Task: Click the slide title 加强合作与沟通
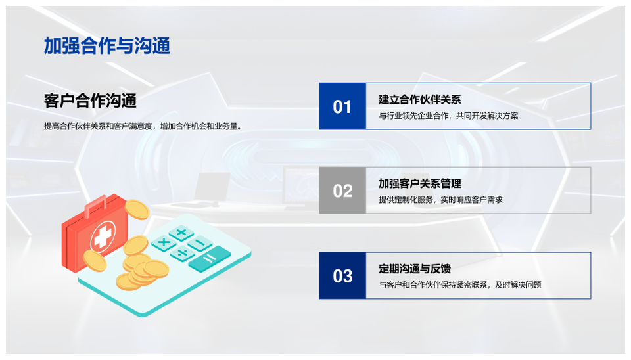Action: pyautogui.click(x=106, y=45)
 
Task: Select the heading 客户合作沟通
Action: pyautogui.click(x=90, y=101)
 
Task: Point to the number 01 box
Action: pyautogui.click(x=342, y=106)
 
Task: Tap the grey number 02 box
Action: pyautogui.click(x=342, y=191)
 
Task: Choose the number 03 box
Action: pyautogui.click(x=342, y=275)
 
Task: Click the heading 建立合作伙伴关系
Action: pyautogui.click(x=420, y=99)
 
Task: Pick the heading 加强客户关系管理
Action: pyautogui.click(x=420, y=183)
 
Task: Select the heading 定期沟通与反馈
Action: pyautogui.click(x=415, y=268)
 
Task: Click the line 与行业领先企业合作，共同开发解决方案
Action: pyautogui.click(x=448, y=116)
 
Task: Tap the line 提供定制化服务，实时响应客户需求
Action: pyautogui.click(x=440, y=200)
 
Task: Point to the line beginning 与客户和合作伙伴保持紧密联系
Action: pyautogui.click(x=460, y=285)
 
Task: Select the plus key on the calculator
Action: pyautogui.click(x=181, y=233)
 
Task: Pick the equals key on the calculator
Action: pyautogui.click(x=209, y=259)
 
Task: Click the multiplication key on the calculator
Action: pyautogui.click(x=164, y=243)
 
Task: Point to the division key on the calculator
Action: pyautogui.click(x=182, y=254)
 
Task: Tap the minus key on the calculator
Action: pyautogui.click(x=200, y=243)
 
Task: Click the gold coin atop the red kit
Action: pyautogui.click(x=137, y=209)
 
